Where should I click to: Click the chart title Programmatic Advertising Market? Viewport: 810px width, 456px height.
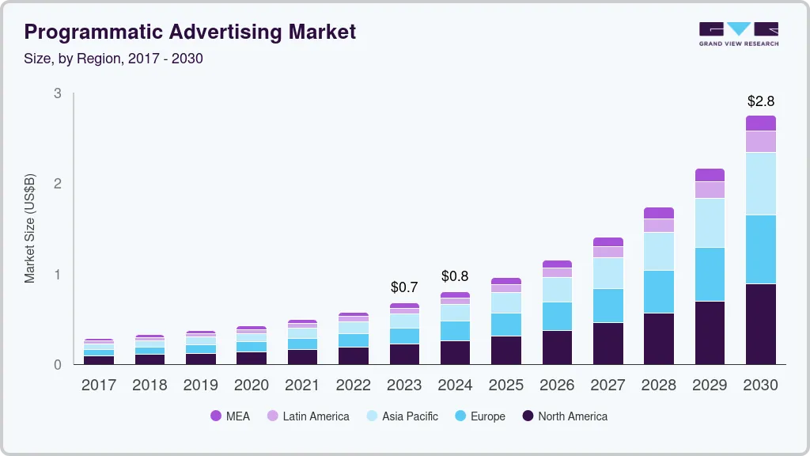coord(190,32)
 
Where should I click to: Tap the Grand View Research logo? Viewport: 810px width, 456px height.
coord(738,33)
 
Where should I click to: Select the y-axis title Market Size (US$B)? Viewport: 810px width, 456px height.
coord(30,228)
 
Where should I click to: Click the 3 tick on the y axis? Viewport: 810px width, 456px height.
coord(57,93)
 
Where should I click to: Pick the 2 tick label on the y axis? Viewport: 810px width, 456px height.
coord(57,184)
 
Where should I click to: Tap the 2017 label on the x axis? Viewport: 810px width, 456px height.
coord(99,386)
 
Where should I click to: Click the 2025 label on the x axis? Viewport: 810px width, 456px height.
coord(506,386)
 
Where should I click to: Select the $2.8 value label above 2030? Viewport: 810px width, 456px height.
coord(761,101)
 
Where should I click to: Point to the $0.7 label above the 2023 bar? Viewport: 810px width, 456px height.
coord(404,287)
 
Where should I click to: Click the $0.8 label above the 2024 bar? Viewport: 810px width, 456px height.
coord(455,276)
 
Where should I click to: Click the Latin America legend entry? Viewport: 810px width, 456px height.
coord(308,416)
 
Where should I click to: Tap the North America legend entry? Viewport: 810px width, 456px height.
coord(565,416)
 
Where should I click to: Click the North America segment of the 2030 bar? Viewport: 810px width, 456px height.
coord(761,324)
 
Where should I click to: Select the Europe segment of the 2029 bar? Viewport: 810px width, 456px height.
coord(710,274)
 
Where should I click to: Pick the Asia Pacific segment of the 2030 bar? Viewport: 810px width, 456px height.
coord(761,184)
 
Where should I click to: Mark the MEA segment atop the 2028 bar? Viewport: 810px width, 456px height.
coord(659,213)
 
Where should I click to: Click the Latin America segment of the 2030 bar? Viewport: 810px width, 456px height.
coord(761,142)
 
